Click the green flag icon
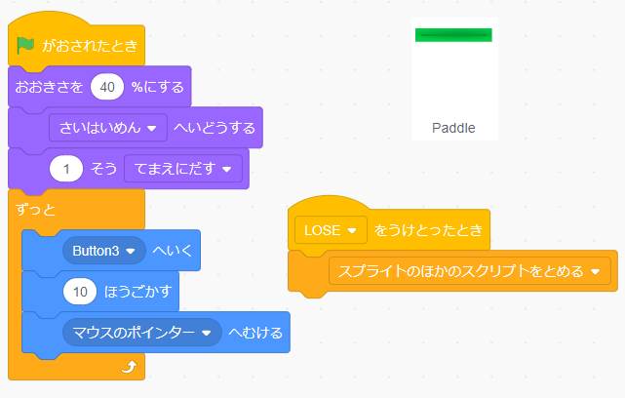(x=26, y=46)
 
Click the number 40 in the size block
(x=107, y=87)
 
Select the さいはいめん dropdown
(x=107, y=128)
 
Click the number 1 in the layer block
(x=66, y=169)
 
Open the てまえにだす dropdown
(x=182, y=169)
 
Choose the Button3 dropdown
(x=102, y=250)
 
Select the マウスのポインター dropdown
(x=142, y=333)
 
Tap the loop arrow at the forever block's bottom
(x=127, y=367)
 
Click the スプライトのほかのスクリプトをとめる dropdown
(x=468, y=270)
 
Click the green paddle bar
(x=453, y=35)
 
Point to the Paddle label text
(x=453, y=128)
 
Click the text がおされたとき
(x=89, y=46)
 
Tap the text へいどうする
(x=214, y=128)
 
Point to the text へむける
(x=254, y=333)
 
